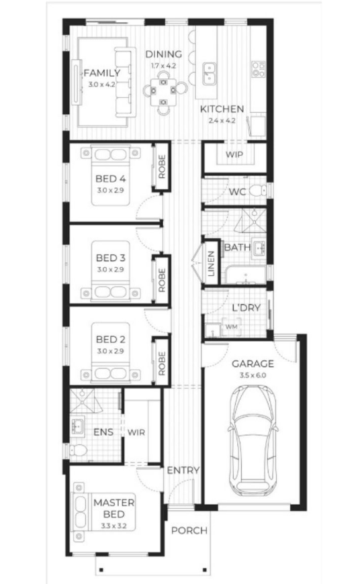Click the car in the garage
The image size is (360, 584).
tap(253, 440)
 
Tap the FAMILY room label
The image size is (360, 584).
tap(101, 72)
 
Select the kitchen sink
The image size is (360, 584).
tap(210, 74)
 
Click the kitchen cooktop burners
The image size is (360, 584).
tap(259, 69)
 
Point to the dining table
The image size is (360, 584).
tap(163, 91)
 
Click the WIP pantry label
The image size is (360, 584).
tap(234, 154)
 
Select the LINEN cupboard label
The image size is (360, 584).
tap(211, 263)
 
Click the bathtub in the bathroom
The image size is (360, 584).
tap(245, 275)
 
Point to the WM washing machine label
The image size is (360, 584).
tap(232, 327)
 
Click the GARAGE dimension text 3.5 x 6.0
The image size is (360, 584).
tap(253, 375)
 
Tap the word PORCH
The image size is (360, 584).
tap(189, 530)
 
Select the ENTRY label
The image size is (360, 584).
tap(183, 471)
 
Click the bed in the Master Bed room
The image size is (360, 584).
tap(103, 512)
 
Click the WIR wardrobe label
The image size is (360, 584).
tap(136, 432)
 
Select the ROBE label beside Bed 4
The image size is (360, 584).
tap(162, 166)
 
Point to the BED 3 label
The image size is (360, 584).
tap(110, 258)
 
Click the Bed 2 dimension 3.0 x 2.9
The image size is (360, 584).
tap(110, 351)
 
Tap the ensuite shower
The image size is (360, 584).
tap(85, 401)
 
